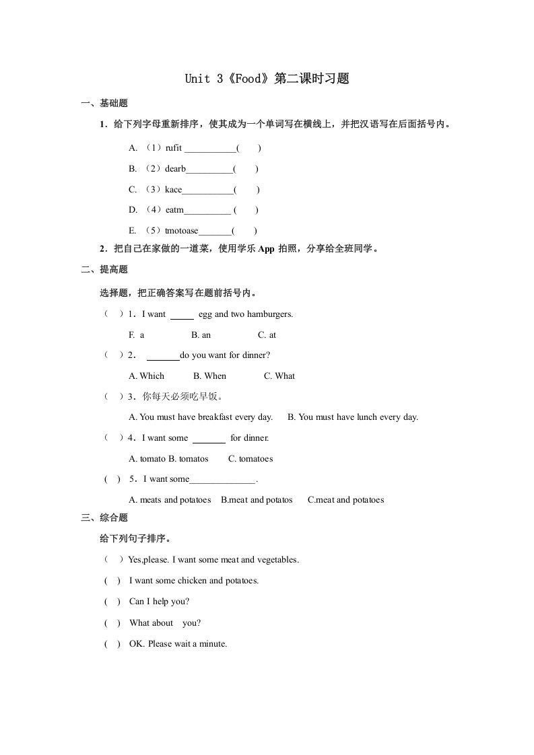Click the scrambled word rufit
(x=173, y=148)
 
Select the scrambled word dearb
(x=175, y=169)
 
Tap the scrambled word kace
(x=173, y=190)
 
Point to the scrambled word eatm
(x=174, y=210)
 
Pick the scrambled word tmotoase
(x=182, y=231)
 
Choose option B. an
(x=201, y=335)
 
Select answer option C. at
(x=267, y=335)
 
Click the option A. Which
(x=146, y=376)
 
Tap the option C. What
(x=279, y=376)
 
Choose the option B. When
(x=209, y=376)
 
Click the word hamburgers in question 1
(x=270, y=314)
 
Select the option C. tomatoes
(x=251, y=459)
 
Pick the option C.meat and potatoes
(x=345, y=500)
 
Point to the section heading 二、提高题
(x=104, y=270)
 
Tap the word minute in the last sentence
(x=211, y=644)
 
